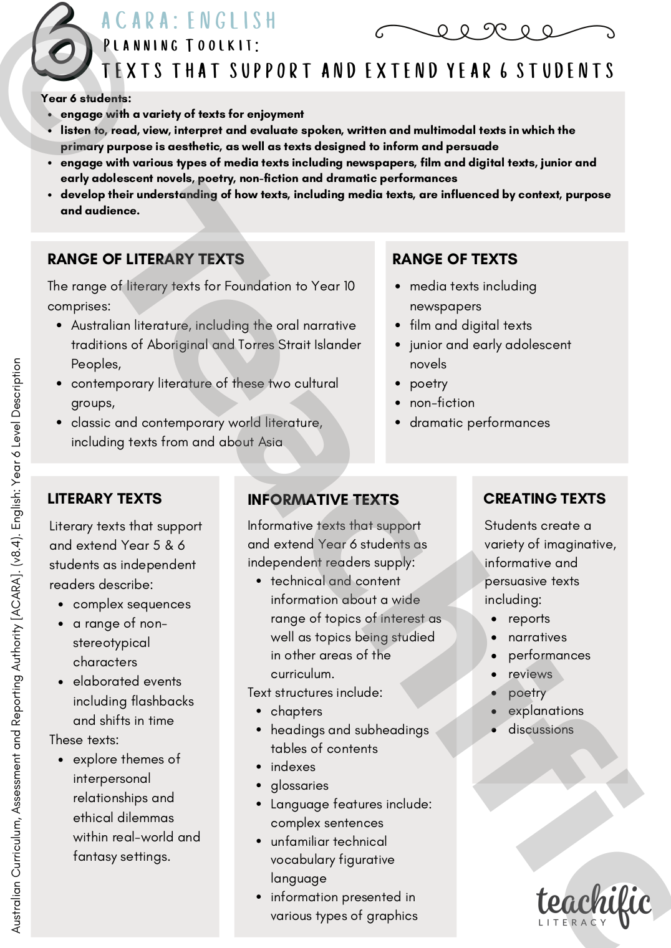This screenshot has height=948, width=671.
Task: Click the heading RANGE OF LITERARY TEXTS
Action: point(145,259)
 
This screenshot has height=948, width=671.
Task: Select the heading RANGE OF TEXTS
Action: point(455,259)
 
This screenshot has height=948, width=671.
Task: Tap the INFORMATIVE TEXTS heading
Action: point(323,500)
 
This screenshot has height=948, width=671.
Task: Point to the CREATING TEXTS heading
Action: point(544,499)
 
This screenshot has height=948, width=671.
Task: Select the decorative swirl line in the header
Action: point(495,31)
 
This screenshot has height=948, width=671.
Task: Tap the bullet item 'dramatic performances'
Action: point(480,423)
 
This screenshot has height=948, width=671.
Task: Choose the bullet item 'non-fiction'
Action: point(442,403)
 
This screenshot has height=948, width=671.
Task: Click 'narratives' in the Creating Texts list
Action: point(538,637)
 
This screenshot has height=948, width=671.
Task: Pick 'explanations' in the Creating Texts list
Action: point(546,711)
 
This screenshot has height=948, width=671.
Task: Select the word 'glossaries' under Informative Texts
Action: point(299,785)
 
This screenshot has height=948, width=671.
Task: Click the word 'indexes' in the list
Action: point(293,767)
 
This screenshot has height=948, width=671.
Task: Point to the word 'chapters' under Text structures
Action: point(296,711)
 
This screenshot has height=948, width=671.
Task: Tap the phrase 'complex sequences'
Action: point(132,604)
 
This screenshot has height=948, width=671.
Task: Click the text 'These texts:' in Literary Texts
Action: point(84,740)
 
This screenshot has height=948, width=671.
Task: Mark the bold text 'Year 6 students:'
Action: point(86,98)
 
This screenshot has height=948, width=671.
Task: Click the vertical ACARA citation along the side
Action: point(17,645)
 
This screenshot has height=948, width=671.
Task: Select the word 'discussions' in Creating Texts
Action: point(541,729)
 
